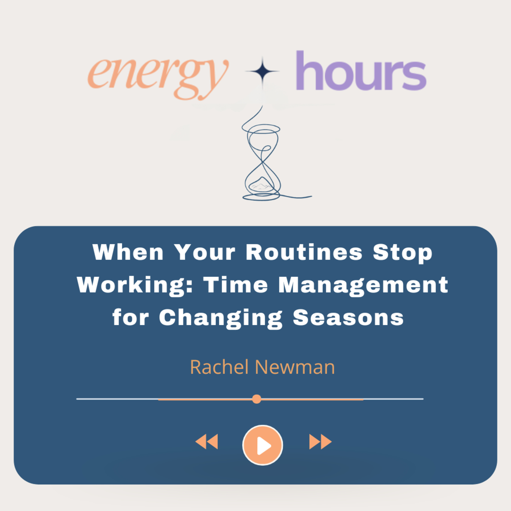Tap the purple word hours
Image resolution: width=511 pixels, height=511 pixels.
361,71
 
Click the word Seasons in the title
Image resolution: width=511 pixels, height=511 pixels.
348,317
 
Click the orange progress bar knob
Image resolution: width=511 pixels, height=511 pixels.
257,399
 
